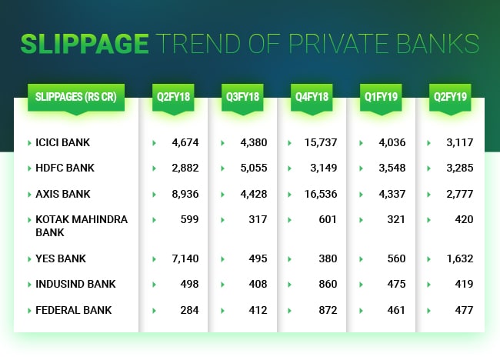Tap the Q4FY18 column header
[x=312, y=98]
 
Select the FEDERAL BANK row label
[x=73, y=310]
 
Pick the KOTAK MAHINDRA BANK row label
[x=81, y=225]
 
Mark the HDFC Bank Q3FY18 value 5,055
[x=253, y=168]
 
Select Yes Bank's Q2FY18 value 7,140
[x=185, y=258]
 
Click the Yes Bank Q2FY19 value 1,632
[x=458, y=258]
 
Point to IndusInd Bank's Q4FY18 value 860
[x=328, y=284]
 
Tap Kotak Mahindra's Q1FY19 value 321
[x=396, y=219]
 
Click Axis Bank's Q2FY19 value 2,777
[x=458, y=193]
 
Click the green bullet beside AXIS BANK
[x=28, y=194]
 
